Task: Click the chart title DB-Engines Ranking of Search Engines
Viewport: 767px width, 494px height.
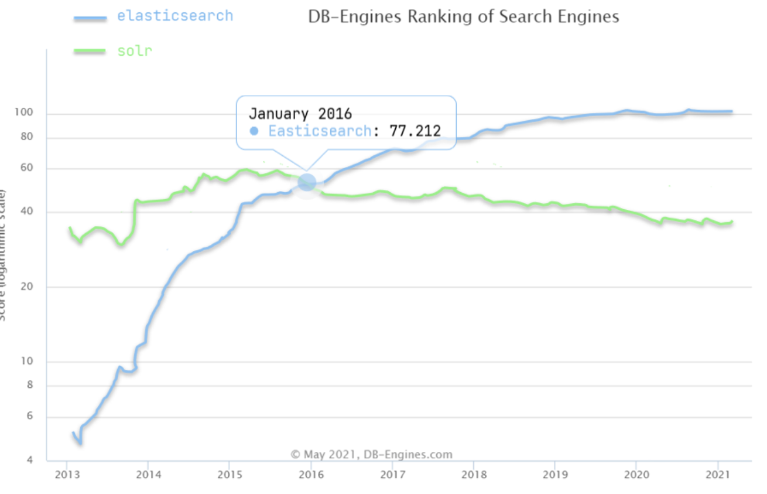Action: pyautogui.click(x=463, y=16)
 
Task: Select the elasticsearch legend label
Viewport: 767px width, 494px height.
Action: pyautogui.click(x=174, y=16)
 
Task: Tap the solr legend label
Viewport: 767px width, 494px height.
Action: pyautogui.click(x=134, y=51)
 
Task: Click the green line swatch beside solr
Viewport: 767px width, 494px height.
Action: pyautogui.click(x=90, y=52)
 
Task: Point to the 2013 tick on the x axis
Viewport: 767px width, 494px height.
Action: pyautogui.click(x=67, y=474)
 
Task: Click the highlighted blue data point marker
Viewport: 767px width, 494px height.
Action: pyautogui.click(x=307, y=183)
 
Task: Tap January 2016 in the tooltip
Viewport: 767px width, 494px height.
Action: pyautogui.click(x=300, y=113)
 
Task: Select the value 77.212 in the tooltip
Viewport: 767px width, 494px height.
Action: pyautogui.click(x=415, y=131)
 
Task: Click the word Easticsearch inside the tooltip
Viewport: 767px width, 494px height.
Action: pyautogui.click(x=320, y=131)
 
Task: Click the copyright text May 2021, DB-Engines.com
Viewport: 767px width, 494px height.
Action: pyautogui.click(x=372, y=454)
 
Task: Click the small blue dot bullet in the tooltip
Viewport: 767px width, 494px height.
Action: pyautogui.click(x=254, y=131)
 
